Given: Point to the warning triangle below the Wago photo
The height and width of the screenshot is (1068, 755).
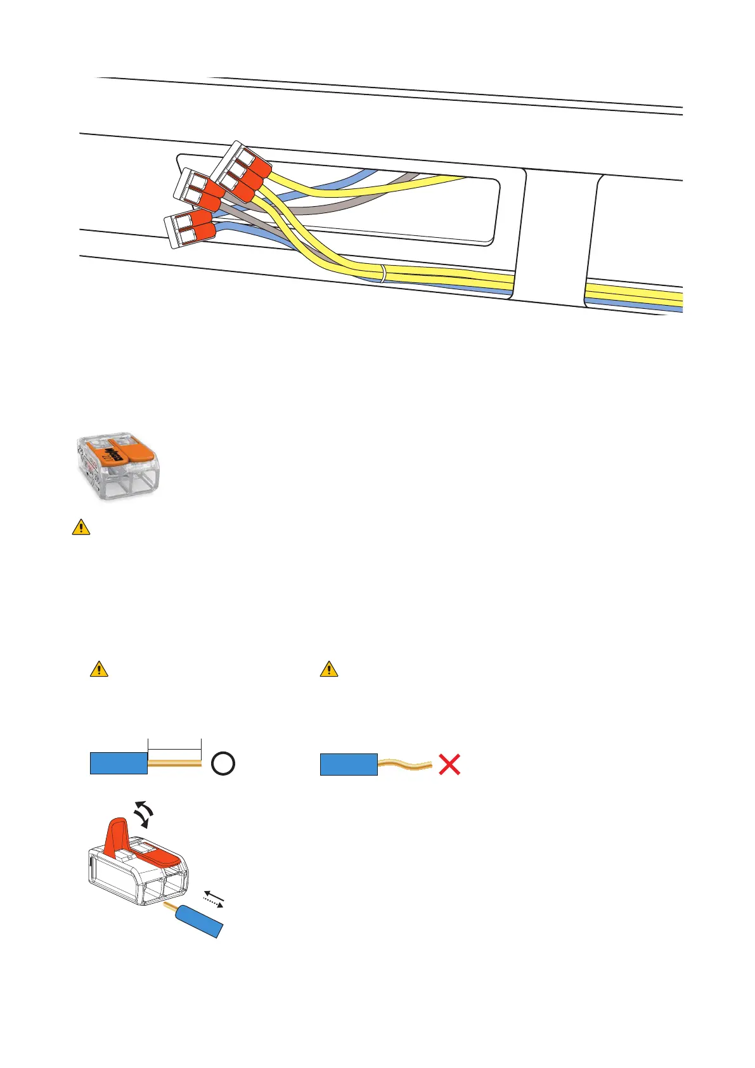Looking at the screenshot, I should coord(81,527).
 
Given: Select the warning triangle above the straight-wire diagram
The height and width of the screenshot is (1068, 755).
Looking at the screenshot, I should coord(99,668).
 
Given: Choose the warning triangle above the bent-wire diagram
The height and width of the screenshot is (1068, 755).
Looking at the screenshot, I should coord(329,668).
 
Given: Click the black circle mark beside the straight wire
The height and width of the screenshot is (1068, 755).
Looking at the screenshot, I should coord(223,764).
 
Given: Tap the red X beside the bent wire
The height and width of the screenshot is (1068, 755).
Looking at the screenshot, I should coord(449,764).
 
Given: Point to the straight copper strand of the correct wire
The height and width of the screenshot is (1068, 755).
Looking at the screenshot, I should coord(174,764).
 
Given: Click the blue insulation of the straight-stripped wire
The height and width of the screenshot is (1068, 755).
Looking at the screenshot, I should coord(119,764).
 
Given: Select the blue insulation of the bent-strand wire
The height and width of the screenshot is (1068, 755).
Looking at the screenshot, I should coord(349,764).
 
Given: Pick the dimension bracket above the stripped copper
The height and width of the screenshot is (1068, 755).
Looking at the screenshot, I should coord(174,745).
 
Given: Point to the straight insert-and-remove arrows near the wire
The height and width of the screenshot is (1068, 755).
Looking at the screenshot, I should coord(214,899).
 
